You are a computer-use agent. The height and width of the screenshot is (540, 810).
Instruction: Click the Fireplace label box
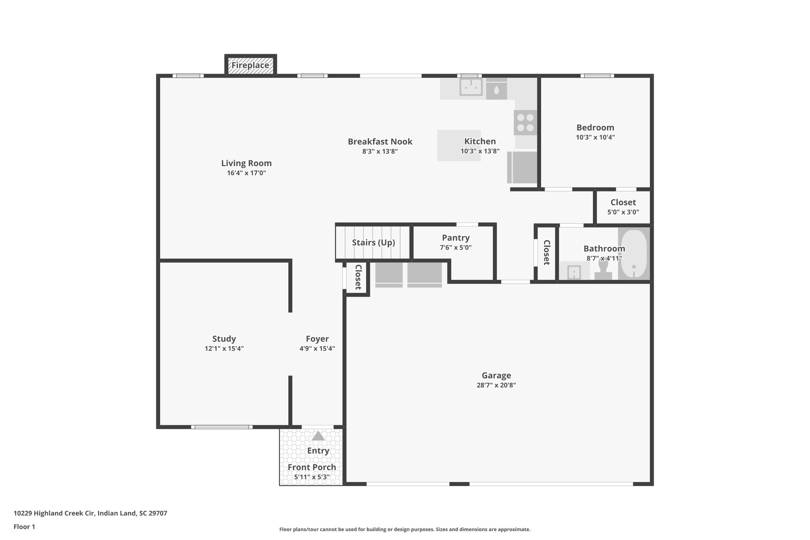[250, 65]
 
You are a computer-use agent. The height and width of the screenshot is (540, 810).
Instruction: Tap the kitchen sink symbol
[471, 87]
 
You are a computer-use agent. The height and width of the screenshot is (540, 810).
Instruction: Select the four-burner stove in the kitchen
[525, 123]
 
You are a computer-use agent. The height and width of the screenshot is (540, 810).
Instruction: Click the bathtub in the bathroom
[634, 254]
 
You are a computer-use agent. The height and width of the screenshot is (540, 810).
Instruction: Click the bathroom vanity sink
[574, 272]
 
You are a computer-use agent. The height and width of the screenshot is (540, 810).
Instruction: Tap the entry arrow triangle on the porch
[318, 436]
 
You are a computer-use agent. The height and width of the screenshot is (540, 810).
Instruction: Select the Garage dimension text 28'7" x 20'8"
[496, 385]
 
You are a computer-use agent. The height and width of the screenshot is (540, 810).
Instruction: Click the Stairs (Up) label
[373, 243]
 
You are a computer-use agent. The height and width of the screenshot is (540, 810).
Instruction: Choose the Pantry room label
[456, 238]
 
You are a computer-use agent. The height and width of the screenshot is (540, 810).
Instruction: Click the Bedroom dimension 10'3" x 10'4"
[595, 138]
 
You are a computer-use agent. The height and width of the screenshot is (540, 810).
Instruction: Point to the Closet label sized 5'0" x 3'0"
[623, 203]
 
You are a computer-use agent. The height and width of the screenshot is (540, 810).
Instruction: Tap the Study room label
[224, 339]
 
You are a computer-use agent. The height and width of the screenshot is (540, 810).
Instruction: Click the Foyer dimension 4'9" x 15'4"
[317, 349]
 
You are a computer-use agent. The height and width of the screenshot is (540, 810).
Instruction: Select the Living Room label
[246, 163]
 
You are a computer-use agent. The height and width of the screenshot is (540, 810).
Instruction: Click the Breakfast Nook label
[380, 142]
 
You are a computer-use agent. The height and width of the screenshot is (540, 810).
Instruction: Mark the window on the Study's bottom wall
[221, 427]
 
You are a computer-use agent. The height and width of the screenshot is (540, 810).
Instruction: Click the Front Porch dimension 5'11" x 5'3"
[312, 477]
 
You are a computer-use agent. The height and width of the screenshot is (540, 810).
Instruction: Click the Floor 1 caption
[24, 527]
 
